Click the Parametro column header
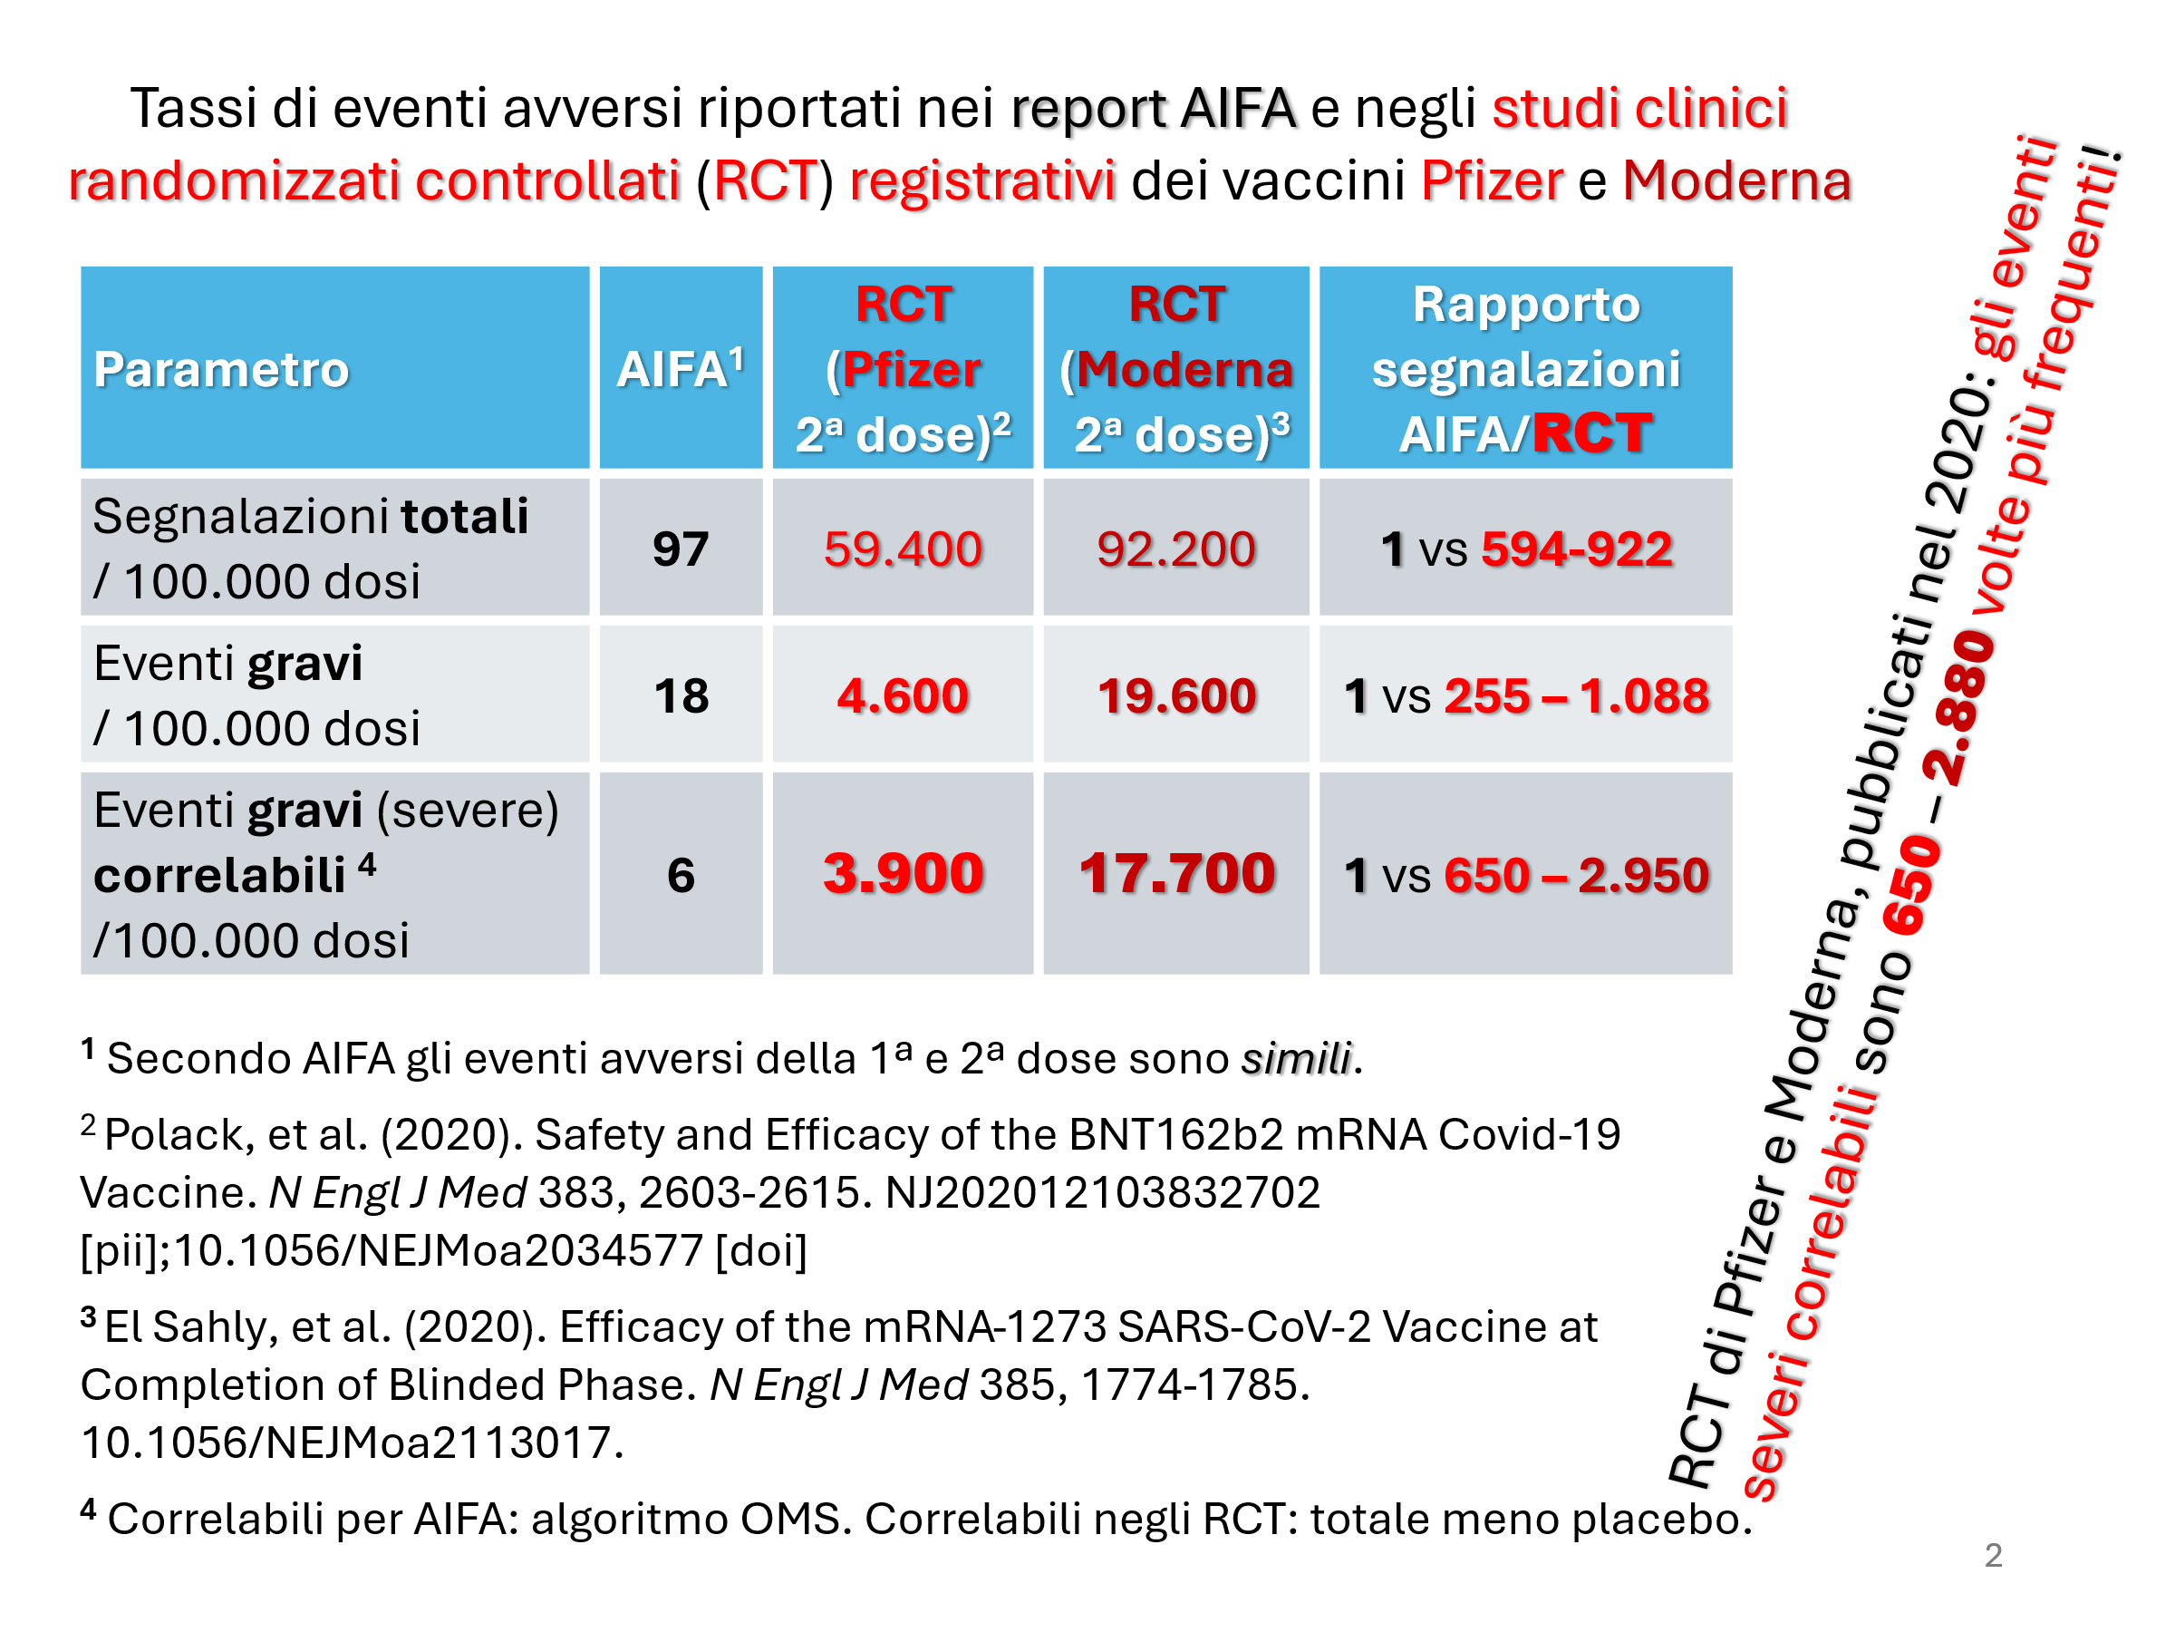point(221,370)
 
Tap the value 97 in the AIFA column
point(681,549)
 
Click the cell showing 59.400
point(903,549)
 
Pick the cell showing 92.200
point(1176,549)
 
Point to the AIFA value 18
point(681,695)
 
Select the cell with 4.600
point(903,695)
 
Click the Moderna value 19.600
point(1176,695)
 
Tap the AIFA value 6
point(681,875)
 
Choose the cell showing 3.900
point(903,872)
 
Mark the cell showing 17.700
point(1176,872)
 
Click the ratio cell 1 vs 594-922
point(1526,549)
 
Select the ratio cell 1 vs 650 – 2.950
point(1526,875)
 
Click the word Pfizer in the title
point(1492,181)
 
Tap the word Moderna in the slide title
point(1736,181)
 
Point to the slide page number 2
point(1993,1555)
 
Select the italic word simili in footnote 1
point(1296,1058)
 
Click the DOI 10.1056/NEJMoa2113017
point(352,1443)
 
